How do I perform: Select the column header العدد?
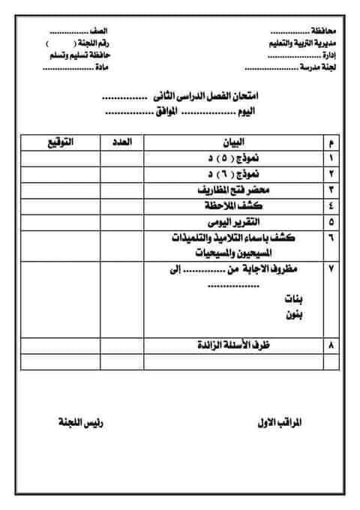tap(132, 141)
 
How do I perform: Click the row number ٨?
tap(331, 345)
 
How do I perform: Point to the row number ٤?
tap(331, 205)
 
